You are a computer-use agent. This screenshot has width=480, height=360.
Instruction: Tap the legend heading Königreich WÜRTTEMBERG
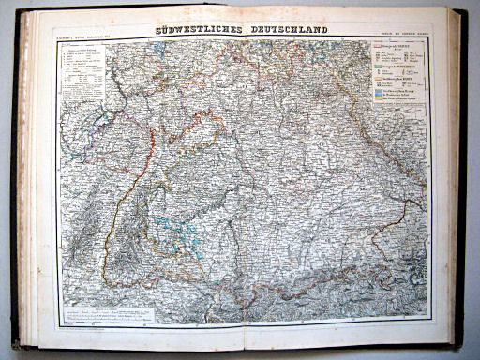click(x=399, y=67)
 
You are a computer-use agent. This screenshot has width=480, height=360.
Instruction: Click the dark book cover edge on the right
click(x=461, y=178)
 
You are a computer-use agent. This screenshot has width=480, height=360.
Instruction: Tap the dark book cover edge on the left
click(x=14, y=178)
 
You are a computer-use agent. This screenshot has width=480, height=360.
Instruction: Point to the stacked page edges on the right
click(x=449, y=178)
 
